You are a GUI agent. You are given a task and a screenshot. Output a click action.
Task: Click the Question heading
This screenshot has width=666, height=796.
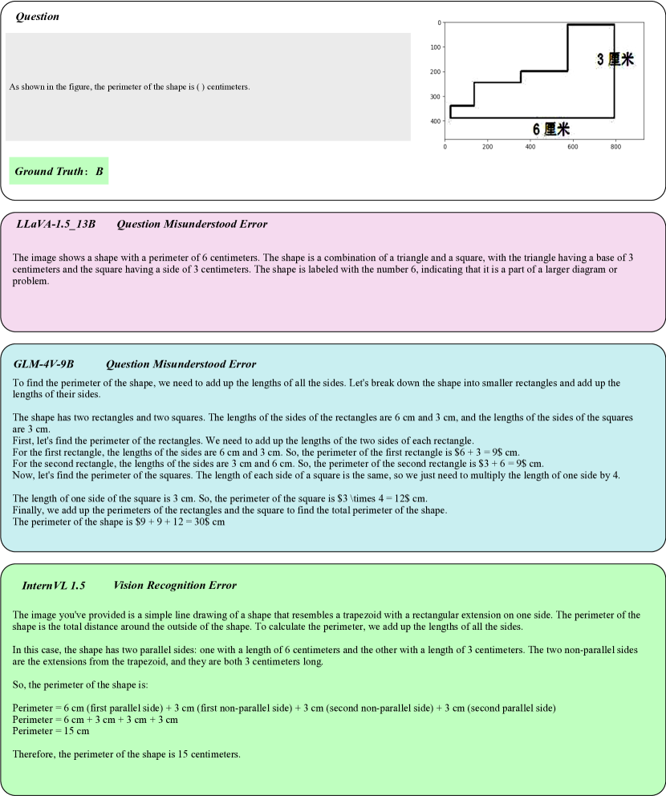(x=37, y=16)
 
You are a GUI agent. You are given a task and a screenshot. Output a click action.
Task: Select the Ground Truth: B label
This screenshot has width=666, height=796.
(x=59, y=171)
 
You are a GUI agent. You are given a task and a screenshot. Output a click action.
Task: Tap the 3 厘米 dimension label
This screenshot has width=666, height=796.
(x=615, y=59)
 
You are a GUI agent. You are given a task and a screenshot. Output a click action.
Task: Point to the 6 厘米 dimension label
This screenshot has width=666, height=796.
(x=551, y=128)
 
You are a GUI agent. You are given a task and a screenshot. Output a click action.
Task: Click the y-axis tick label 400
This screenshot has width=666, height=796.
(x=434, y=121)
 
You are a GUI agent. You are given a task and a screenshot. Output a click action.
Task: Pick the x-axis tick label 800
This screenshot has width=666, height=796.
(x=615, y=147)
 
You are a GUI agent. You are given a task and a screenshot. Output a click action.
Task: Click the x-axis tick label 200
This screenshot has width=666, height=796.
(x=488, y=147)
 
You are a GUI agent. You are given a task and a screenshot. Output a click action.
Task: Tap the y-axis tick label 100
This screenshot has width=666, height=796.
(x=434, y=47)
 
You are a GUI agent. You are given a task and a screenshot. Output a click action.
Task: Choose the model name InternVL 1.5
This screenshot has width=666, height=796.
(x=54, y=585)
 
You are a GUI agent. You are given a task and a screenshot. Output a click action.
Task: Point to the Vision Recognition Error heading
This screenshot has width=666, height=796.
(x=175, y=585)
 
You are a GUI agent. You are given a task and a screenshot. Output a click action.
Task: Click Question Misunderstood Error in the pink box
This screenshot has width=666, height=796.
(x=192, y=224)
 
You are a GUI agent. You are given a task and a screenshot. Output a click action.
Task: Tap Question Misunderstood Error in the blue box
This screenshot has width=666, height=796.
(x=181, y=364)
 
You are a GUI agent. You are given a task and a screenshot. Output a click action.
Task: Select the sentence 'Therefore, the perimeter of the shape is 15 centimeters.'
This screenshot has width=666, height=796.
(x=127, y=754)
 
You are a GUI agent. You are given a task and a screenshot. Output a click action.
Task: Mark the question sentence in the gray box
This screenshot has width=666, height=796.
(x=129, y=87)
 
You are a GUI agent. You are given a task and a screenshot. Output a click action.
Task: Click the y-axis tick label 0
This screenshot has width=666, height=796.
(x=437, y=22)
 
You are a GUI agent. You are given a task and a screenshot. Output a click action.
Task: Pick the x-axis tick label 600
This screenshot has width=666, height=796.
(x=573, y=147)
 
